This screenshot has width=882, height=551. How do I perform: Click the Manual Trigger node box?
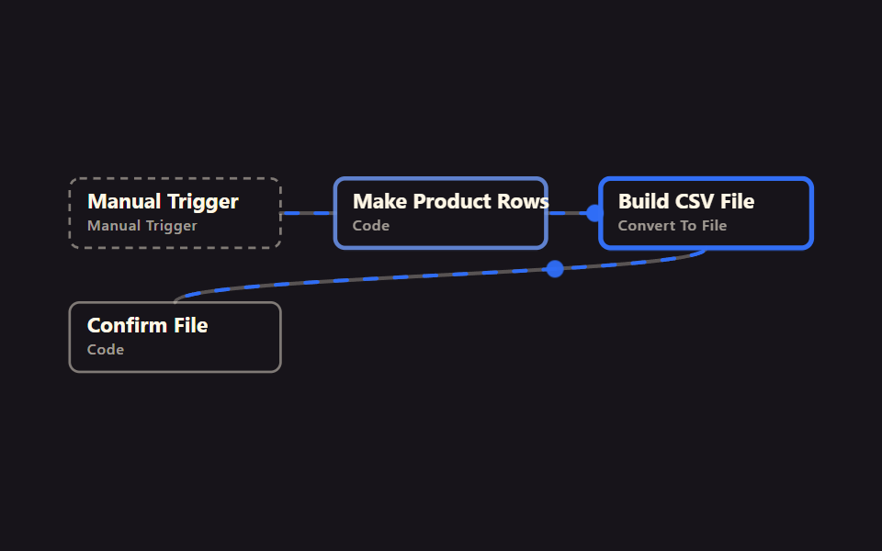pyautogui.click(x=175, y=213)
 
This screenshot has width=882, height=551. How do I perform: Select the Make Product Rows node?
pyautogui.click(x=440, y=213)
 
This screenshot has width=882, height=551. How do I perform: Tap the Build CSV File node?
pyautogui.click(x=706, y=213)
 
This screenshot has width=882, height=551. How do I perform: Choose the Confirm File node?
pyautogui.click(x=175, y=337)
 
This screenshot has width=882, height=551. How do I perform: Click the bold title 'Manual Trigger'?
pyautogui.click(x=164, y=202)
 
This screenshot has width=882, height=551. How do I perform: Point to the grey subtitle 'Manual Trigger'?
pyautogui.click(x=142, y=226)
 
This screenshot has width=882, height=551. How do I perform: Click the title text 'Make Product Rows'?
pyautogui.click(x=450, y=201)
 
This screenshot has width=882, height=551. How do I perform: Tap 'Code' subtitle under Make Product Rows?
pyautogui.click(x=371, y=226)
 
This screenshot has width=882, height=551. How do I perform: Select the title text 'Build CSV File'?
pyautogui.click(x=686, y=201)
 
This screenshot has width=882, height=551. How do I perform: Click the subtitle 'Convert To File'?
pyautogui.click(x=673, y=226)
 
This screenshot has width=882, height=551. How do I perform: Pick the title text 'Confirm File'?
pyautogui.click(x=147, y=325)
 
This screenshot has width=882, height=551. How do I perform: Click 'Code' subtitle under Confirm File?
pyautogui.click(x=106, y=350)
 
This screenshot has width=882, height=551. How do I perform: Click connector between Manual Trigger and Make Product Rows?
pyautogui.click(x=308, y=213)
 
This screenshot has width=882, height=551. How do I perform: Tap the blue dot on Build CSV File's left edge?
pyautogui.click(x=594, y=213)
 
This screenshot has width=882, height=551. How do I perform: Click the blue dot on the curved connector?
pyautogui.click(x=555, y=269)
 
